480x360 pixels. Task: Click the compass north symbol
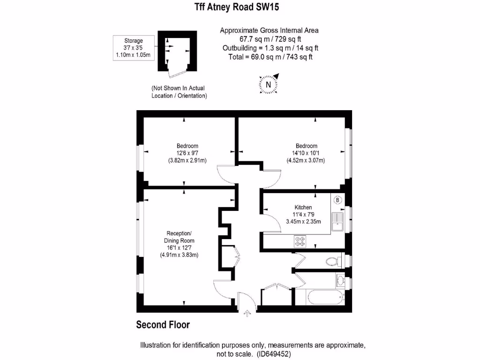tap(269, 84)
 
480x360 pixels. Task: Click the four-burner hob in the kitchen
tap(300, 242)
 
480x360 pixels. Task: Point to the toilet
tap(333, 261)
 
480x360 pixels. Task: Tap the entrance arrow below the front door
tap(247, 314)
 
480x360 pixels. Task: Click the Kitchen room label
tap(303, 207)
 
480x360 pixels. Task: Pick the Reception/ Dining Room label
tap(179, 237)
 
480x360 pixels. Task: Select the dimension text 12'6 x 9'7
tap(187, 153)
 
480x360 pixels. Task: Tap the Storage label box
tap(133, 48)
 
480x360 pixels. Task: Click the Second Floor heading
tap(163, 324)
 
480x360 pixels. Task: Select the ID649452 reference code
tap(274, 354)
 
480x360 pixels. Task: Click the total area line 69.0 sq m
tap(269, 57)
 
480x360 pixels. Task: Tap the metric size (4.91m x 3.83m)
tap(179, 255)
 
